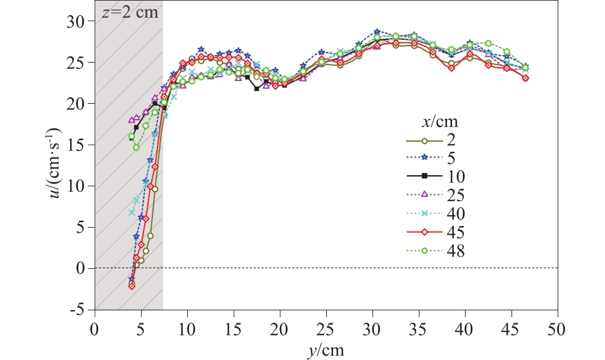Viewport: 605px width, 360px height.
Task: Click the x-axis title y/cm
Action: [326, 349]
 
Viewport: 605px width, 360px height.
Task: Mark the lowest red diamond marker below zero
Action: [131, 286]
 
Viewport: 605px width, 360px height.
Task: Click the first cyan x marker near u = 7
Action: [131, 212]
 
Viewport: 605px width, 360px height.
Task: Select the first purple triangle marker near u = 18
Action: [131, 120]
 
